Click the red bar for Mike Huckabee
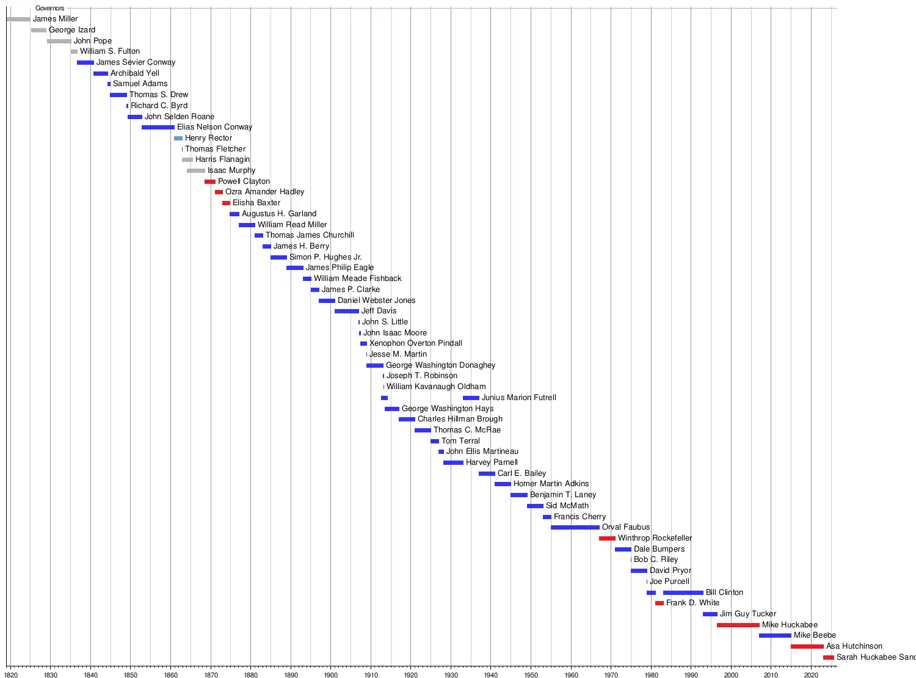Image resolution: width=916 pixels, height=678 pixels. pos(738,625)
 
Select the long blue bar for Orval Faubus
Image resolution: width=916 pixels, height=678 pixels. pos(575,527)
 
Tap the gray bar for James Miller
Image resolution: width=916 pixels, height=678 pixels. pos(18,19)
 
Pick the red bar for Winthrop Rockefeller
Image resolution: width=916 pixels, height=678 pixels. pos(607,538)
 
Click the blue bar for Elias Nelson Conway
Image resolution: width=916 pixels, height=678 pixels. pos(158,127)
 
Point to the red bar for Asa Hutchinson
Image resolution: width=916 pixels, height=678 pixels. pos(807,646)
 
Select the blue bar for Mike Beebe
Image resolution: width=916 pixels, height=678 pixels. pos(774,635)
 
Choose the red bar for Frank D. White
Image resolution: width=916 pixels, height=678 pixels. pos(659,603)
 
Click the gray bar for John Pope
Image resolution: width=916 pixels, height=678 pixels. pos(59,41)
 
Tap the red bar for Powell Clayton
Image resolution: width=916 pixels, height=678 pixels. pos(209,181)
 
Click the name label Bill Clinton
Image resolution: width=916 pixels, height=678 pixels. pos(724,592)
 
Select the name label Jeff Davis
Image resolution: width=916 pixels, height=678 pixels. pos(379,311)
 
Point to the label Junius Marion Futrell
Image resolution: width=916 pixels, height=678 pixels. pos(518,398)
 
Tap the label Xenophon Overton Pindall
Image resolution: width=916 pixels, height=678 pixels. pos(415,343)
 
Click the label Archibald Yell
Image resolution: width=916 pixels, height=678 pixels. pos(134,73)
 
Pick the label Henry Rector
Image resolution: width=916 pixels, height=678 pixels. pos(208,138)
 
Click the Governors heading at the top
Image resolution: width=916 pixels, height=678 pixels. pos(49,9)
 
